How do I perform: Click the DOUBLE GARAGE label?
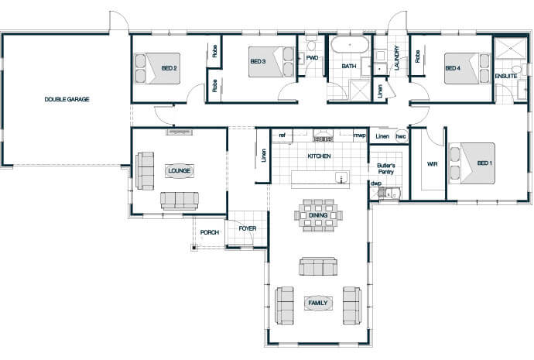[67, 99]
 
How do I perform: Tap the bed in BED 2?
[158, 68]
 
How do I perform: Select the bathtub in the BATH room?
[350, 44]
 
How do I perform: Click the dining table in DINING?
[318, 215]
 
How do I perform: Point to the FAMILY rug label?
[318, 303]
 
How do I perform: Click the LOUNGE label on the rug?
[179, 170]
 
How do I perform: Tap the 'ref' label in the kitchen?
[282, 135]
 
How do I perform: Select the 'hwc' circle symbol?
[401, 136]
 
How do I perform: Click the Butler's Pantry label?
[386, 169]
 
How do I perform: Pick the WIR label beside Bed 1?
[432, 164]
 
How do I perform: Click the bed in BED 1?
[472, 163]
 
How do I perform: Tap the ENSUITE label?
[505, 76]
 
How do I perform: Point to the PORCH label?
[210, 232]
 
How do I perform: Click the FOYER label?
[248, 228]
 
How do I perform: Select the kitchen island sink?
[341, 178]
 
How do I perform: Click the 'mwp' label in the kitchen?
[360, 135]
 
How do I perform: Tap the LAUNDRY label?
[397, 58]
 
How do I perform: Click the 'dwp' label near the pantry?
[376, 183]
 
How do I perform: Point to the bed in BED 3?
[271, 62]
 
